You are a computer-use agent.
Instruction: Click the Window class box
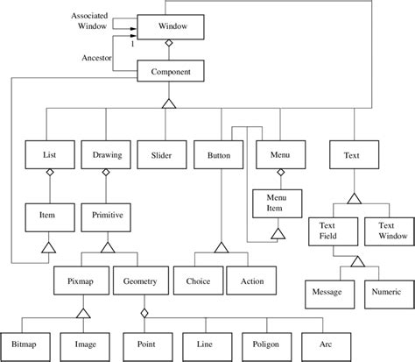[x=172, y=27]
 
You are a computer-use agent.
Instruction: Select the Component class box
[x=172, y=71]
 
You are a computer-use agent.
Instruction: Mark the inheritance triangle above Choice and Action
[x=222, y=248]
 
